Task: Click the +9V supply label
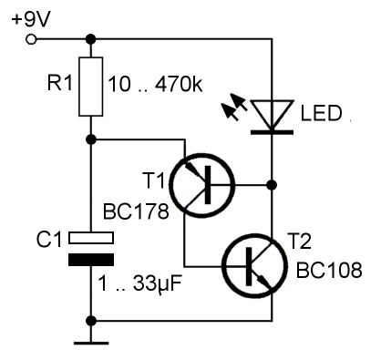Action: point(30,19)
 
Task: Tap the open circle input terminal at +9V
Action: point(31,39)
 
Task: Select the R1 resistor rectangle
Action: point(90,87)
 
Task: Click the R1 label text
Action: point(60,82)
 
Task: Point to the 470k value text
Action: point(179,84)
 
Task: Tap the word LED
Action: point(322,113)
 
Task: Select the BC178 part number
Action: point(136,211)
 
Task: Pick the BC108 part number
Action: point(329,270)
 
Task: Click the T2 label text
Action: point(299,242)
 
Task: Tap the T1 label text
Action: point(154,180)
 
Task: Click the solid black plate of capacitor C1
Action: point(91,260)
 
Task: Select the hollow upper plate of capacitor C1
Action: point(91,238)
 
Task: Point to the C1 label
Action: point(49,240)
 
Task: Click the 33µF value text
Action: point(158,284)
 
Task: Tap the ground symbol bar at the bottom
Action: point(91,344)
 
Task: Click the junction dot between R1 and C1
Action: point(91,139)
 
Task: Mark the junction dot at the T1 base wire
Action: point(272,185)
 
